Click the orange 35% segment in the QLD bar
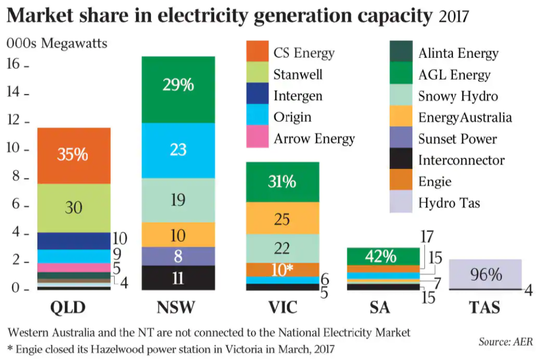[x=73, y=156]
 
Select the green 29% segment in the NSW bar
[x=178, y=90]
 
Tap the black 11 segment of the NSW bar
[x=178, y=278]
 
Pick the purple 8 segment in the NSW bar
[x=178, y=256]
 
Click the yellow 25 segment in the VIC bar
[x=282, y=218]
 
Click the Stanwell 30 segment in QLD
[x=73, y=207]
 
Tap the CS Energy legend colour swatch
[x=258, y=52]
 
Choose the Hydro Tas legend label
[x=449, y=202]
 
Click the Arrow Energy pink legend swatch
[x=258, y=138]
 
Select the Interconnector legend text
[x=461, y=160]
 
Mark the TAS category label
[x=484, y=307]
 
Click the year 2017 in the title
[x=454, y=16]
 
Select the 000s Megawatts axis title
[x=56, y=43]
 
